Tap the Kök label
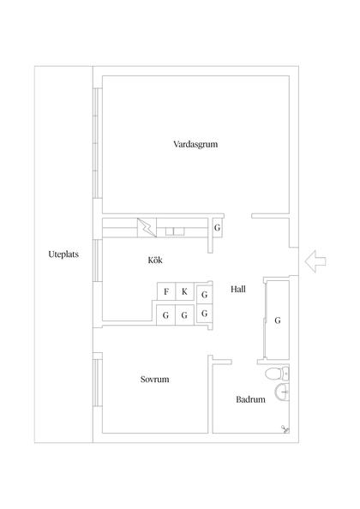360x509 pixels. pos(155,259)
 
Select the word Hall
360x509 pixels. pos(238,290)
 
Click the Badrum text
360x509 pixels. pos(249,399)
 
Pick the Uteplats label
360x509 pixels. pos(63,255)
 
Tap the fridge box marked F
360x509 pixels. pos(165,292)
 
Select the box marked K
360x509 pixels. pos(184,292)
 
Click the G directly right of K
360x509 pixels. pos(204,295)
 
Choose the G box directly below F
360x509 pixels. pos(165,314)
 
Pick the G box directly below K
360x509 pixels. pos(184,314)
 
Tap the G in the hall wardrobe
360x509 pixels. pos(278,320)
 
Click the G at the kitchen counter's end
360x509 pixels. pos(218,229)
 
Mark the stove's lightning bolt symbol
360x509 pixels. pos(147,228)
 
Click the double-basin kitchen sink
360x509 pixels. pos(176,230)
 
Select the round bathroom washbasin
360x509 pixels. pos(279,394)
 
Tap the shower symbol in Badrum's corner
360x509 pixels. pos(282,430)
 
